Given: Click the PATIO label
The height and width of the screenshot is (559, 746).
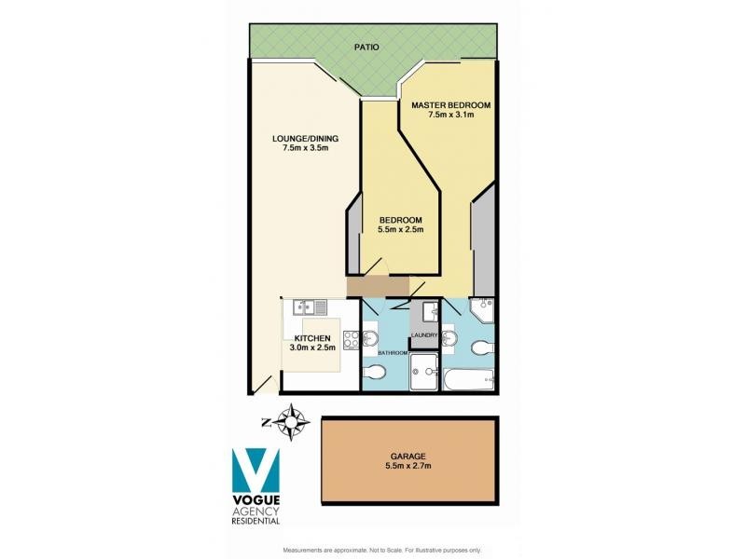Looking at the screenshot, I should (x=366, y=46).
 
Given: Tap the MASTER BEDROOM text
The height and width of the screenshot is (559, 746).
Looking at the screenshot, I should (x=451, y=104).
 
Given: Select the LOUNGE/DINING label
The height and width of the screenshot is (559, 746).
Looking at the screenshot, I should (x=305, y=140).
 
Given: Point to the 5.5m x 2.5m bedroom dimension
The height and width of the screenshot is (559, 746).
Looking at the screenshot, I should (x=401, y=230).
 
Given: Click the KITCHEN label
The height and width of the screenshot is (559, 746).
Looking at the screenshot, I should (x=312, y=338).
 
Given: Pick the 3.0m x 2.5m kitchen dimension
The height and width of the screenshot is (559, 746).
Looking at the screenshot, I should (x=312, y=348).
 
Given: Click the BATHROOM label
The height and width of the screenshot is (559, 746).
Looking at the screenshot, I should (x=394, y=353).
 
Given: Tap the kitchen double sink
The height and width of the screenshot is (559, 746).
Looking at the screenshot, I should (x=309, y=307).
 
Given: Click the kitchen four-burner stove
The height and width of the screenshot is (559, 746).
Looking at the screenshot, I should (x=352, y=341).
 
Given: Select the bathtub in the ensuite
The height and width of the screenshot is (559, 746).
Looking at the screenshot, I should (x=470, y=379).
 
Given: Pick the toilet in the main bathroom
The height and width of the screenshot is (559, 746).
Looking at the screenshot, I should (x=373, y=374).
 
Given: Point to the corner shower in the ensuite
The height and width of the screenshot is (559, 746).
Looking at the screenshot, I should (x=483, y=309).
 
